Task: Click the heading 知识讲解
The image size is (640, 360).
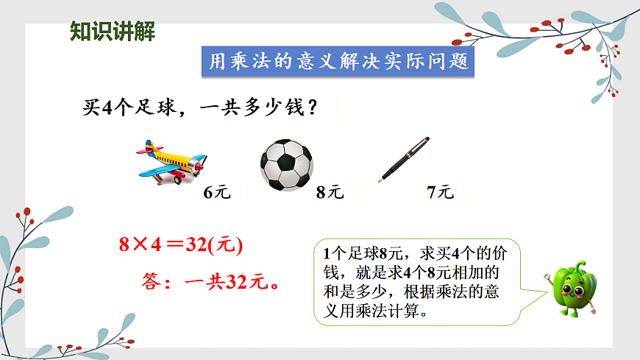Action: pos(112,32)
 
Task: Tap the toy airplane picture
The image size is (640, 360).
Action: pos(171,163)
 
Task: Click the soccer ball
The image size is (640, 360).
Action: pos(286,165)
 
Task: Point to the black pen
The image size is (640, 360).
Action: pos(404,160)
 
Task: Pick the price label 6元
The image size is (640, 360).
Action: pos(217,193)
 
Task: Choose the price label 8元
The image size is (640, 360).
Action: pos(330,193)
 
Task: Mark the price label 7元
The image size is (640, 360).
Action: pos(441,193)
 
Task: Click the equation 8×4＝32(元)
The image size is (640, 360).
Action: pos(181,244)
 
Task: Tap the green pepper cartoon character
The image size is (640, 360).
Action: pos(573,287)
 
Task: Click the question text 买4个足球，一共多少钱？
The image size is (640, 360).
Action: pos(201,107)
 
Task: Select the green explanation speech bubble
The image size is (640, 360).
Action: pos(417,282)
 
